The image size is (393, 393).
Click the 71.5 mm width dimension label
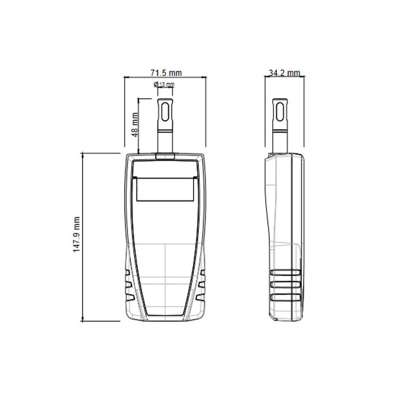[x=166, y=73]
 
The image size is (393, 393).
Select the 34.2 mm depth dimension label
[x=284, y=73]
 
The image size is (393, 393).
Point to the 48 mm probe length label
[x=134, y=125]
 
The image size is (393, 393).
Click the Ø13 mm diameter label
[x=164, y=85]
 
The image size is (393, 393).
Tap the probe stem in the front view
[x=165, y=140]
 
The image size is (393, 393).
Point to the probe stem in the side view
[x=278, y=140]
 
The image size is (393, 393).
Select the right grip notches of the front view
[x=203, y=285]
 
